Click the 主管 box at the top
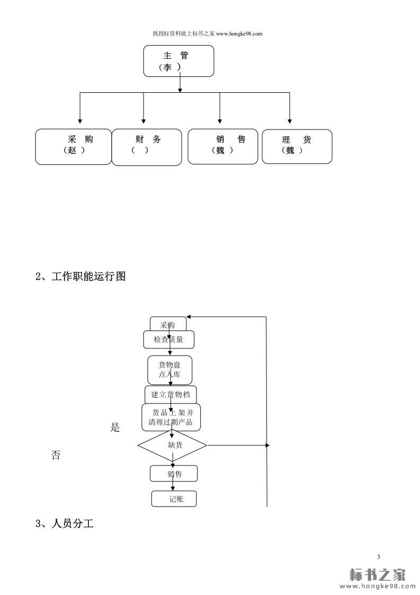tap(178, 61)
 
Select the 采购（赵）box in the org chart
tap(74, 146)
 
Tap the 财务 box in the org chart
tap(147, 147)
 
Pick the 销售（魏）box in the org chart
tap(222, 146)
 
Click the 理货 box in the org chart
tap(297, 146)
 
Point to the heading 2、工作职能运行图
tap(81, 276)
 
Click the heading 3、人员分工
tap(65, 524)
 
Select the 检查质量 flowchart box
tap(168, 340)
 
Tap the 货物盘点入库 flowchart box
tap(169, 370)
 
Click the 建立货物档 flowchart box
tap(171, 395)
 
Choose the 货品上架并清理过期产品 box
tap(171, 417)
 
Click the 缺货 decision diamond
tap(173, 445)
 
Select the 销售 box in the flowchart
tap(174, 474)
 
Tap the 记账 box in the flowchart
tap(174, 499)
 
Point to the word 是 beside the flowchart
tap(115, 428)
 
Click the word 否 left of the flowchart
tap(56, 455)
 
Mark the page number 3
tap(379, 556)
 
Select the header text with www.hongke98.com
tap(208, 33)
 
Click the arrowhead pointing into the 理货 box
tap(290, 121)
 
